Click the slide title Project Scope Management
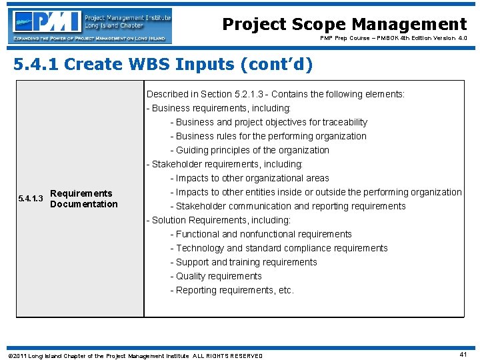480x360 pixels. pyautogui.click(x=344, y=25)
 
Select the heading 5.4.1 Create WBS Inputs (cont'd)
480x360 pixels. pyautogui.click(x=163, y=65)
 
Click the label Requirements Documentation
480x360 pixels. pyautogui.click(x=83, y=199)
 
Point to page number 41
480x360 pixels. pyautogui.click(x=463, y=355)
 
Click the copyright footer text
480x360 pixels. pyautogui.click(x=135, y=355)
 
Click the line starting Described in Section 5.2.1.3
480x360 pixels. pyautogui.click(x=275, y=94)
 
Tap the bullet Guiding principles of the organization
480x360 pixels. pyautogui.click(x=249, y=150)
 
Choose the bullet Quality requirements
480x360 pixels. pyautogui.click(x=216, y=276)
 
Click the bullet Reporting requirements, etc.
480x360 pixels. pyautogui.click(x=231, y=290)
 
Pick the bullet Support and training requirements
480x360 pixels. pyautogui.click(x=243, y=262)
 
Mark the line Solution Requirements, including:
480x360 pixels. pyautogui.click(x=219, y=220)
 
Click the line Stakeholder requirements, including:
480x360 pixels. pyautogui.click(x=225, y=164)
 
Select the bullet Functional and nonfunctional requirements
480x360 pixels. pyautogui.click(x=261, y=234)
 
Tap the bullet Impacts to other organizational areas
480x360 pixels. pyautogui.click(x=249, y=178)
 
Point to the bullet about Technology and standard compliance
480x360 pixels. pyautogui.click(x=279, y=248)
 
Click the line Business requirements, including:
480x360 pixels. pyautogui.click(x=219, y=108)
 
